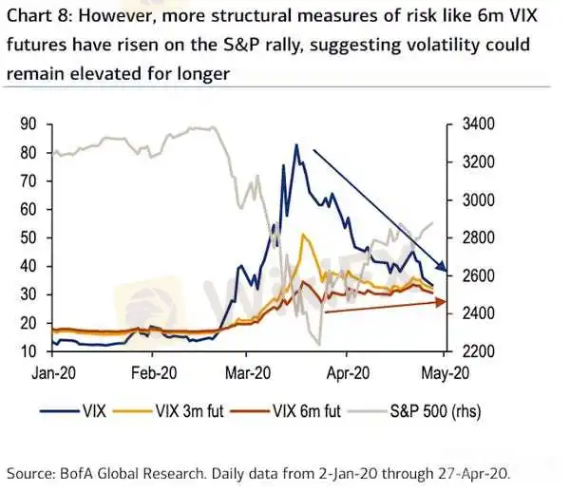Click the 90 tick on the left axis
point(29,123)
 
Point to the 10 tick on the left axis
point(29,351)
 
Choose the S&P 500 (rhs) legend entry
point(437,411)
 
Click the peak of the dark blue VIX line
point(296,145)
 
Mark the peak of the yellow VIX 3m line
point(302,235)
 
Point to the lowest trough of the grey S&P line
point(319,344)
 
